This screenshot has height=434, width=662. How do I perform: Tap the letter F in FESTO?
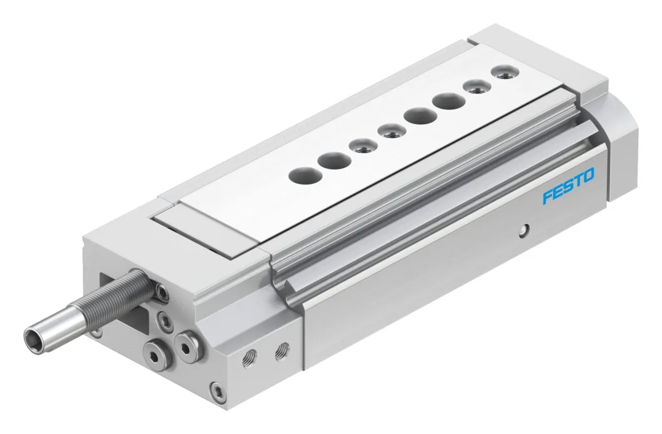tap(547, 196)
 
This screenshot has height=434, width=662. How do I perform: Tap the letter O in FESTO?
tap(588, 175)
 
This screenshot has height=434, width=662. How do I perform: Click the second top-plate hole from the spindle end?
tap(334, 161)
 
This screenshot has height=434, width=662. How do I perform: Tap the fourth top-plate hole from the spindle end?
tap(389, 132)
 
